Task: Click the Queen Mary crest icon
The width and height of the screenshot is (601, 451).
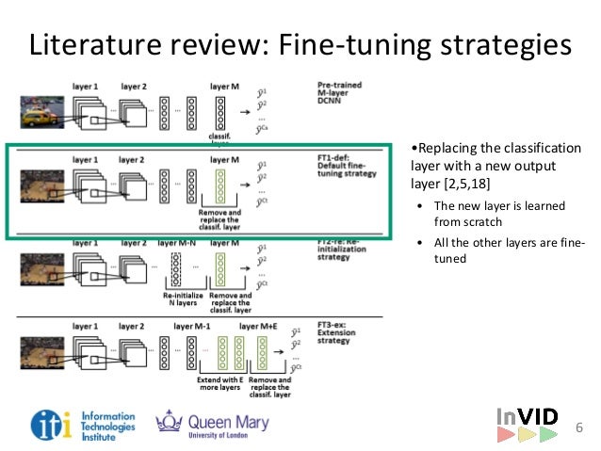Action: click(x=169, y=423)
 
